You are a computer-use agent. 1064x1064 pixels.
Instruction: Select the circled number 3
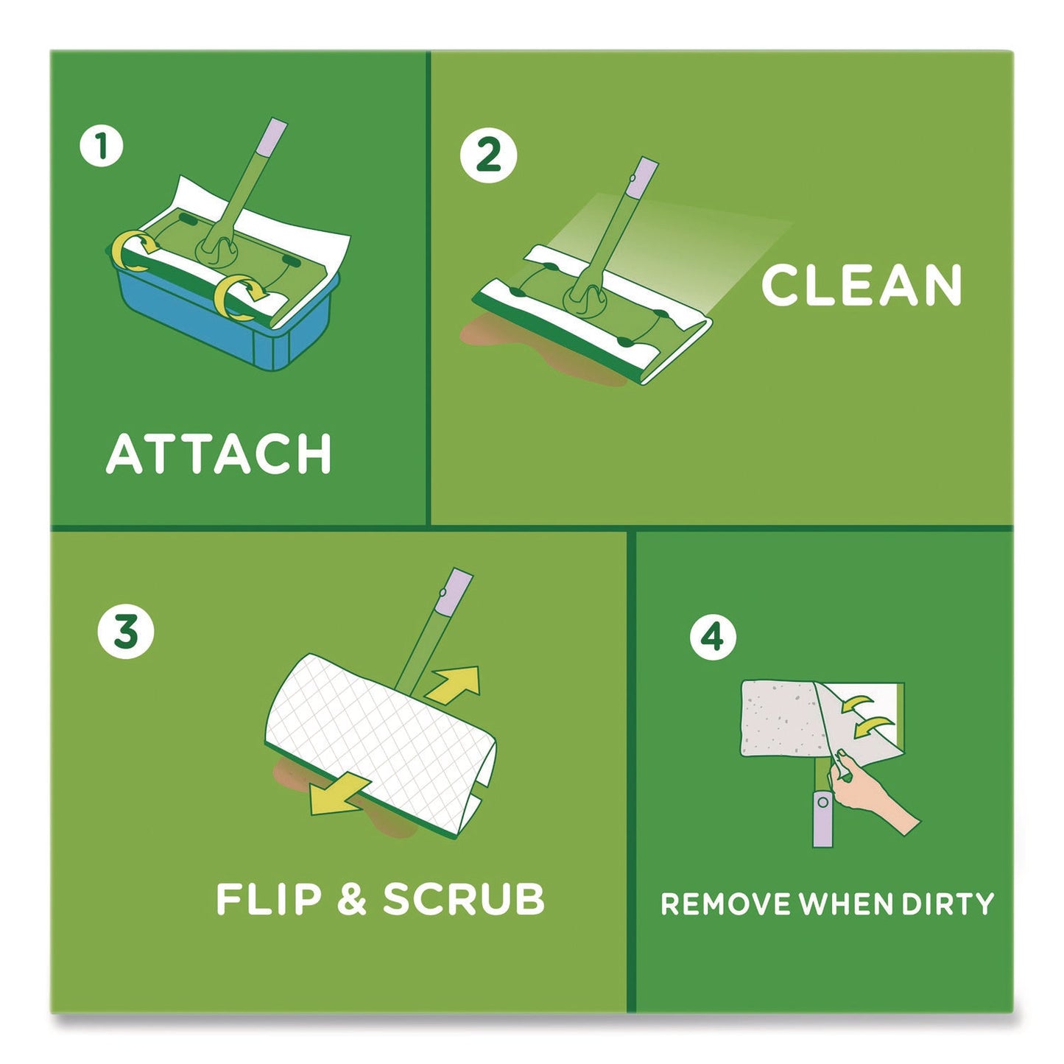[126, 631]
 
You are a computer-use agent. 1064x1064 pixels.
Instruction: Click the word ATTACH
[219, 454]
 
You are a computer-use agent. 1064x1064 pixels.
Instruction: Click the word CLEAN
[862, 286]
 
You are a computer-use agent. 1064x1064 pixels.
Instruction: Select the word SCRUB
[464, 899]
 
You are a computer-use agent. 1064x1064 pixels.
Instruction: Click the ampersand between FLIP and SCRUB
[352, 900]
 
